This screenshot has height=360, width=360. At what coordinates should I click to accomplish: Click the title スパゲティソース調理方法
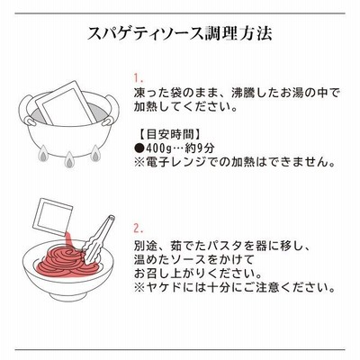click(x=180, y=33)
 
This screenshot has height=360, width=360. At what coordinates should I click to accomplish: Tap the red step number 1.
click(x=139, y=79)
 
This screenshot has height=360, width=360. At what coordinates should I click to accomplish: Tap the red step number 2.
click(x=139, y=229)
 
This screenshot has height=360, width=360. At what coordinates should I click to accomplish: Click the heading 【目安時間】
click(x=169, y=134)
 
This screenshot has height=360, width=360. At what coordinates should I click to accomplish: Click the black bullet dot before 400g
click(x=139, y=148)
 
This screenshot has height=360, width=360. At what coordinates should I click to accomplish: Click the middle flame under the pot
click(x=69, y=159)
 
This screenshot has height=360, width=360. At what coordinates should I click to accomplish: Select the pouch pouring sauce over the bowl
click(x=53, y=215)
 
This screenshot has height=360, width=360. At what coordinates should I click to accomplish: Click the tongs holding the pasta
click(x=97, y=240)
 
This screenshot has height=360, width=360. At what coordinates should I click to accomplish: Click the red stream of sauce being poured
click(x=67, y=241)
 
